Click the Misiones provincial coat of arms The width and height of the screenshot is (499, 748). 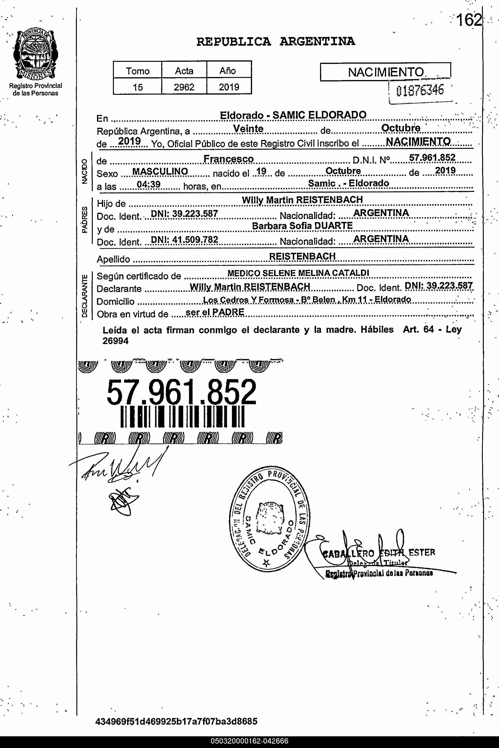(x=35, y=54)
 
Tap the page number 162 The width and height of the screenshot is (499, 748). (x=469, y=20)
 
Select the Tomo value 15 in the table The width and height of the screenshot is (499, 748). (x=138, y=87)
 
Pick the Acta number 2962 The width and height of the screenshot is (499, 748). (x=184, y=87)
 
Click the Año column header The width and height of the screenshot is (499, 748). (x=227, y=71)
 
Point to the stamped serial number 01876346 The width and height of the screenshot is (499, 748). (x=420, y=91)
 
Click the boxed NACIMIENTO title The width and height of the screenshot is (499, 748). (x=385, y=72)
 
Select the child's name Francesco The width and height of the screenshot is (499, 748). (x=228, y=159)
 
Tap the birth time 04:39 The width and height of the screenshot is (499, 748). (x=149, y=184)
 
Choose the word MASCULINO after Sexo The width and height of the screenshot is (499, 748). (x=160, y=172)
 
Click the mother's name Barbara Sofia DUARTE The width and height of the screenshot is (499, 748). (x=302, y=226)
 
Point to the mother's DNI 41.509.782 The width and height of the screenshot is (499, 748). (x=184, y=239)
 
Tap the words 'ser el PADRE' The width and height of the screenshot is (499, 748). (x=215, y=312)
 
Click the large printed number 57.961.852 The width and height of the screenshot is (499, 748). (x=181, y=392)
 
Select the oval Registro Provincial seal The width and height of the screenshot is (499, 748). (x=270, y=519)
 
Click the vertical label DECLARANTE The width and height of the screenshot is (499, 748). (x=84, y=296)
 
